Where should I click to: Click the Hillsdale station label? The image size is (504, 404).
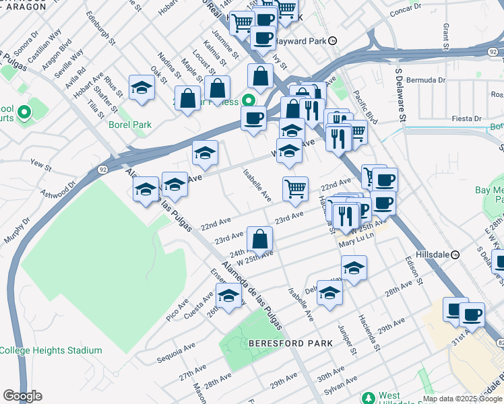pos(434,255)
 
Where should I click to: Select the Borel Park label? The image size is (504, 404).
pos(130,125)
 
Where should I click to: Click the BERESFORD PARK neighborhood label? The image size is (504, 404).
pos(290,343)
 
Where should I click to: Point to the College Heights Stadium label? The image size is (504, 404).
pos(51,350)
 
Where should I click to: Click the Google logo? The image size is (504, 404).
pos(22,396)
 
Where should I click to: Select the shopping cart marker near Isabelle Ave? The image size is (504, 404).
pos(295,189)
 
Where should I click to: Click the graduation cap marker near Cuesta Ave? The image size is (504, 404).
pos(228,296)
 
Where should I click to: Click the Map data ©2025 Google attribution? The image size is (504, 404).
pos(462,399)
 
